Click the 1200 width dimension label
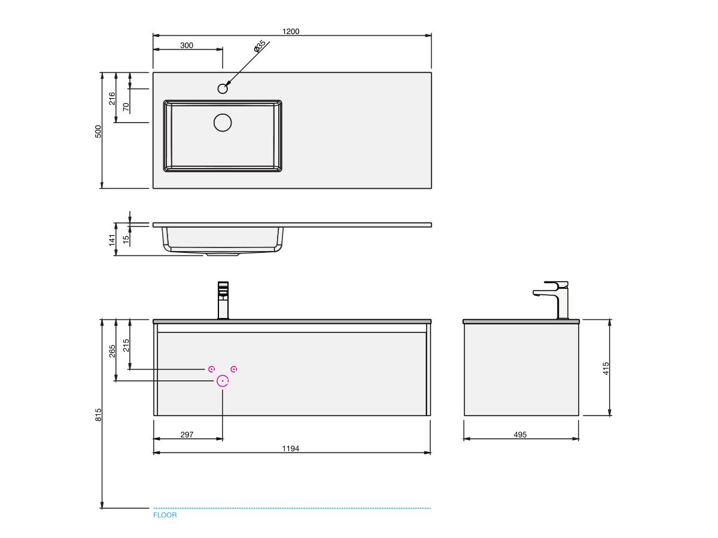[290, 31]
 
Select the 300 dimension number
[187, 45]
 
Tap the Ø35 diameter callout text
[260, 46]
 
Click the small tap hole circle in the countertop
[223, 88]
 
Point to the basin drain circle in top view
[223, 123]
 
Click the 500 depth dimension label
[98, 132]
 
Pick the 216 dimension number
[112, 98]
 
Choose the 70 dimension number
[126, 107]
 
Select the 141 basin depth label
[112, 240]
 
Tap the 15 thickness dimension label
[126, 240]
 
